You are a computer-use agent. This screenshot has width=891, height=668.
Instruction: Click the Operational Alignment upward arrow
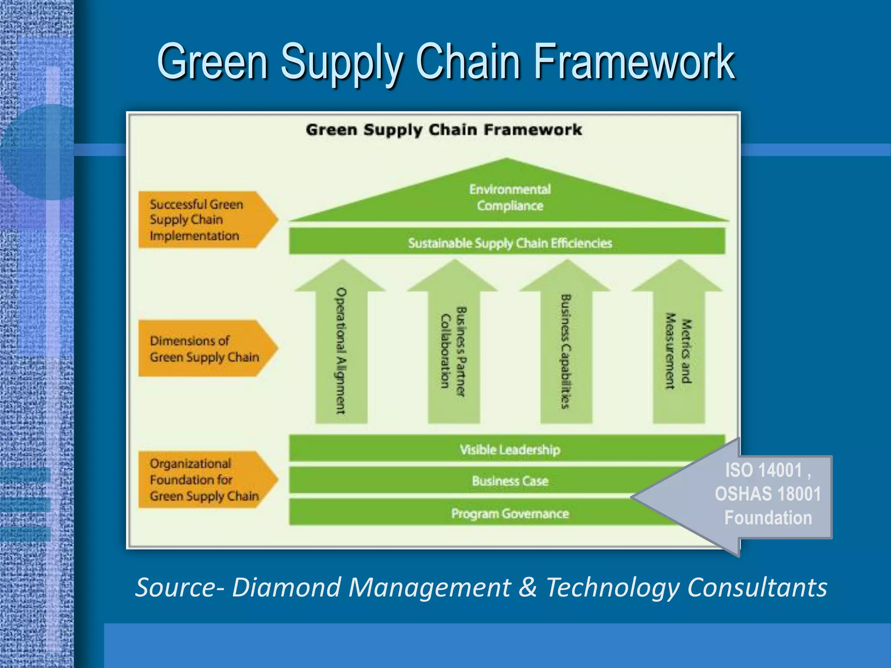341,348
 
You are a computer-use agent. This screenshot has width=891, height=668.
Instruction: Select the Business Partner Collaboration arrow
453,348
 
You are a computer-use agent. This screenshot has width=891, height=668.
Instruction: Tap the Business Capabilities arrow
566,348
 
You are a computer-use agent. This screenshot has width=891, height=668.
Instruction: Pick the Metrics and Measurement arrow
679,348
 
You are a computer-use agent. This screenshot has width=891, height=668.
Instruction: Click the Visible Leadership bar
509,449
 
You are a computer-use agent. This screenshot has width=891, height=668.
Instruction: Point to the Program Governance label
509,514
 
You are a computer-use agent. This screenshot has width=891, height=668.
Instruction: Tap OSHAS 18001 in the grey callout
767,494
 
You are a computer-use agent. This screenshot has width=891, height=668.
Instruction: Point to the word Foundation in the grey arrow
768,518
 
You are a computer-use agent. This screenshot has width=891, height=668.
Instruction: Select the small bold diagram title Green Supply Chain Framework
443,130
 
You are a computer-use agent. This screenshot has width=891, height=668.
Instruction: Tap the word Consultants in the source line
757,587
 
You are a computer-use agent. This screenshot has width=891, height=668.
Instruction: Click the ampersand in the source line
528,587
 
